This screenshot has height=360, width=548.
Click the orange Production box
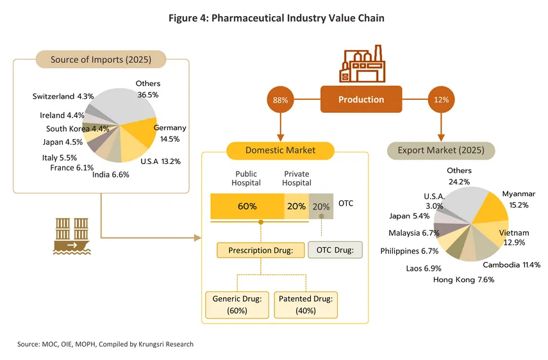coord(361,99)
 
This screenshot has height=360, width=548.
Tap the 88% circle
coord(280,100)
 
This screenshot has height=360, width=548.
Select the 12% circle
coord(441,99)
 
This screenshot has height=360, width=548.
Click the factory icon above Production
coord(362,63)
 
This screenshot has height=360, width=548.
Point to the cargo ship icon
coord(72,236)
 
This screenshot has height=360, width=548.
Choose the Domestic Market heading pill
coord(280,151)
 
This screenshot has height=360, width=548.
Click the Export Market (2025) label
coord(441,151)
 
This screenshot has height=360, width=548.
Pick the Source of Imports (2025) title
coord(101,60)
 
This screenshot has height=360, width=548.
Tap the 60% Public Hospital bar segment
coord(247,206)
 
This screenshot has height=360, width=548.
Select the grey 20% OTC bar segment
coord(321,206)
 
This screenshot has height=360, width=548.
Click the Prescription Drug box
coord(261,250)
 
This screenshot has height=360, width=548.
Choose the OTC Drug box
coord(335,250)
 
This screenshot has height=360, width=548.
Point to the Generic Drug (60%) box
coord(237,305)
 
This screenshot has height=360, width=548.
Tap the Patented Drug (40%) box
coord(306,305)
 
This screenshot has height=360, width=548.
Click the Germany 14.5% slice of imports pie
coord(141,131)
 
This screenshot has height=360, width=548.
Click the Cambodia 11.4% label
coord(511,265)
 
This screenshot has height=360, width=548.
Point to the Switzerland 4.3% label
coord(63,96)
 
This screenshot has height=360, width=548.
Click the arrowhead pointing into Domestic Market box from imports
coord(198,238)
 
